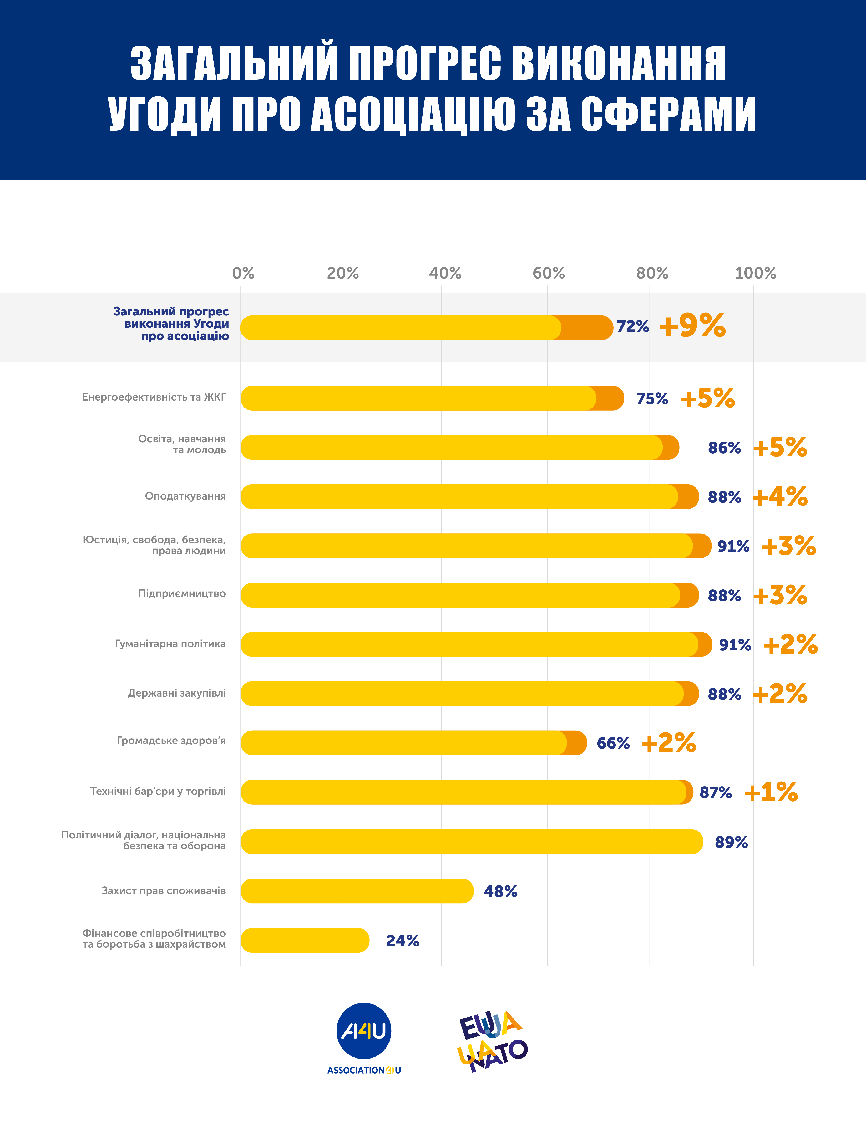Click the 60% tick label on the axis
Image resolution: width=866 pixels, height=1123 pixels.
pos(548,273)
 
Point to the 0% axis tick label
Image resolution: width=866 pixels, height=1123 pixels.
pos(243,273)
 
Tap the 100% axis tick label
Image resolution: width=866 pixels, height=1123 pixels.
pos(755,273)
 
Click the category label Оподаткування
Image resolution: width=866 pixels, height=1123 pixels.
pos(185,496)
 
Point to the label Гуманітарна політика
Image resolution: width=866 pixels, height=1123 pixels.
pos(170,644)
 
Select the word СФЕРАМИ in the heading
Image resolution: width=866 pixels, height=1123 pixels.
pos(668,114)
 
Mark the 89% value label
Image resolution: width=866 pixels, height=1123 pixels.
pos(731,842)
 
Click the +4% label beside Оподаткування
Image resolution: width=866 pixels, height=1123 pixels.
pos(780,497)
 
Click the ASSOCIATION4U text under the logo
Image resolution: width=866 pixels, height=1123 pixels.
pos(364,1071)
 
